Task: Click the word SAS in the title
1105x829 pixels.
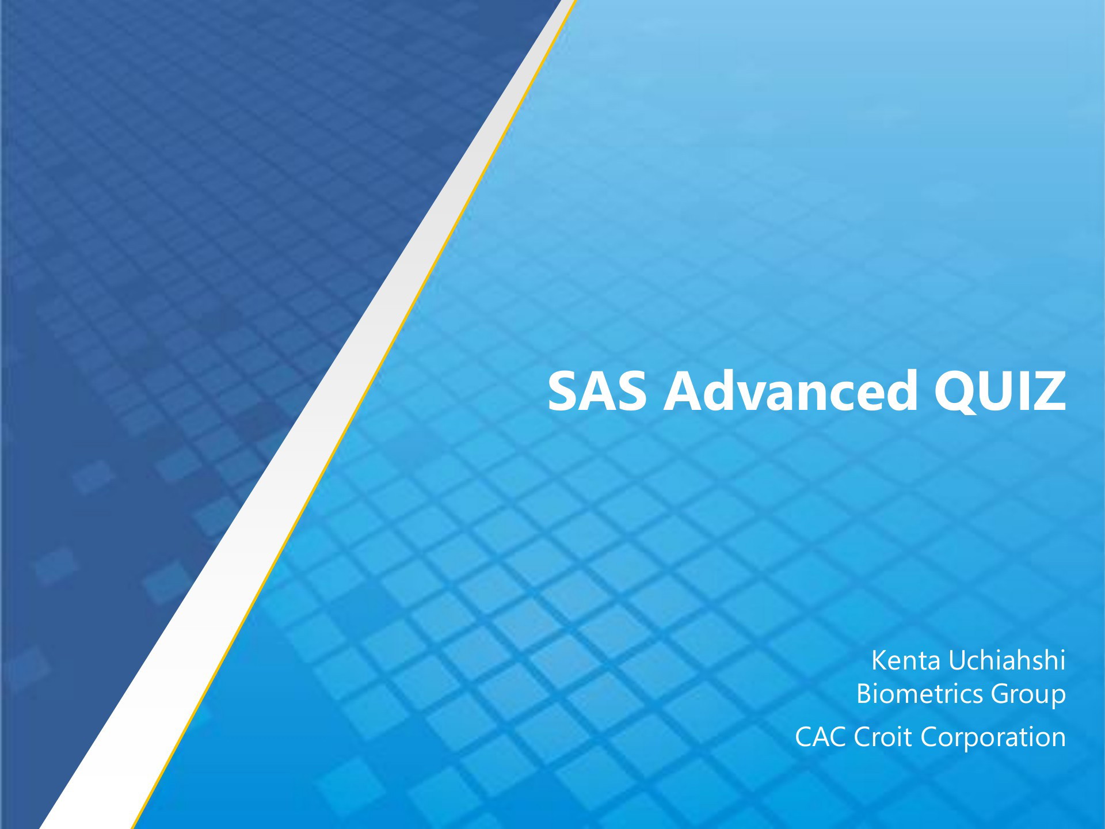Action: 597,391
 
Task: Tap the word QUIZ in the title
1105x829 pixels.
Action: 1000,391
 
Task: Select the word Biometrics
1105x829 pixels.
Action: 920,693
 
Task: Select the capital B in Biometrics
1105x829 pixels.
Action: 864,694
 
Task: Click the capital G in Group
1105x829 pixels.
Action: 1001,694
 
